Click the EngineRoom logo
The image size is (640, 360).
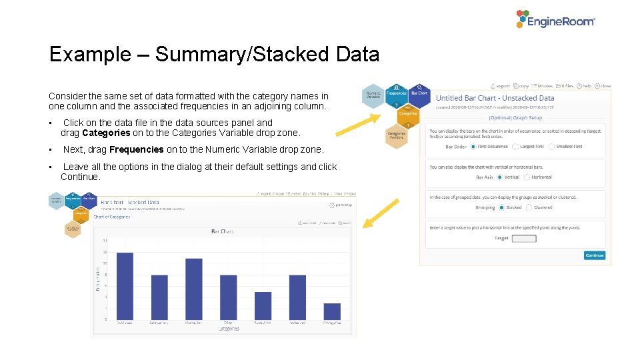pyautogui.click(x=555, y=19)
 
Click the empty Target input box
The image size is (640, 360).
pyautogui.click(x=523, y=238)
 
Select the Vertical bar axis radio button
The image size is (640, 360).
pyautogui.click(x=500, y=177)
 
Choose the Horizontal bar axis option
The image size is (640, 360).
pyautogui.click(x=527, y=177)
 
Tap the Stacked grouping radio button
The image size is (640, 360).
pyautogui.click(x=502, y=207)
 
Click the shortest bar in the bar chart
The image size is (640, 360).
pyautogui.click(x=332, y=311)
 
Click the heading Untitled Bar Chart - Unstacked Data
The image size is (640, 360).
pyautogui.click(x=495, y=98)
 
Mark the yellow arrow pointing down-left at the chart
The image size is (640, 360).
pyautogui.click(x=382, y=213)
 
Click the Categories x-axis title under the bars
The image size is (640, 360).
pyautogui.click(x=229, y=329)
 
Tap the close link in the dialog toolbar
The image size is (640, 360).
pyautogui.click(x=604, y=85)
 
